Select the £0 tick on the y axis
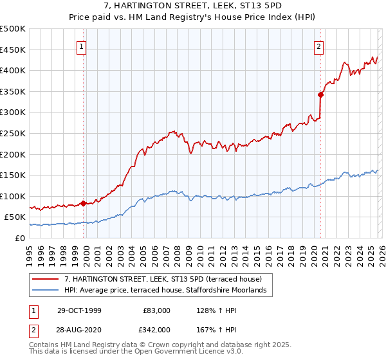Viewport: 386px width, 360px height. coord(21,238)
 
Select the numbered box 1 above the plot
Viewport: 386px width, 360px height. coord(82,46)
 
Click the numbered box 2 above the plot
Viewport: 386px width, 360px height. coord(318,46)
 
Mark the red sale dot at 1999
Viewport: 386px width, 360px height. coord(84,203)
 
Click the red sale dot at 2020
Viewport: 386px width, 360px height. coord(320,94)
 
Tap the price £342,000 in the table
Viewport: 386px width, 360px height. coord(156,329)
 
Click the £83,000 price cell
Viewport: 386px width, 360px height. coord(156,310)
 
